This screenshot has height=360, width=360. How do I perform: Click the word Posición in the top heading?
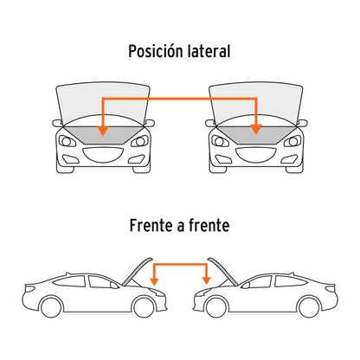click(156, 52)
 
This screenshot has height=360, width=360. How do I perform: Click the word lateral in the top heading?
click(209, 51)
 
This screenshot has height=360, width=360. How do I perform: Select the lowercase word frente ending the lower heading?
click(209, 225)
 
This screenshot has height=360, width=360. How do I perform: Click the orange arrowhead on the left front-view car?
click(103, 131)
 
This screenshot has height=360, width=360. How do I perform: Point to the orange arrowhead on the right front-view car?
click(256, 130)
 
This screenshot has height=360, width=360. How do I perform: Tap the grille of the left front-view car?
click(103, 155)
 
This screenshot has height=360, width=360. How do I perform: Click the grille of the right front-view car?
click(256, 155)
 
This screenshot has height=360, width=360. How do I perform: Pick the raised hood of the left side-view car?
click(137, 272)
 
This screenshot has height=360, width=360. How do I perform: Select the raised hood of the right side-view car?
click(222, 272)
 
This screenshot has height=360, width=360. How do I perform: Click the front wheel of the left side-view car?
click(144, 307)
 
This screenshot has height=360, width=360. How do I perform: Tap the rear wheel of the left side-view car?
click(51, 307)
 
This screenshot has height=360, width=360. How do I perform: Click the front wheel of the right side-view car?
click(216, 307)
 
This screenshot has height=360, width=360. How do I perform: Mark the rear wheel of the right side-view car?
click(309, 307)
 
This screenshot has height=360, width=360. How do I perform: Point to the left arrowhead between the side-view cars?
click(155, 281)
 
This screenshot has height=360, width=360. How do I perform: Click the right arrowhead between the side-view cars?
click(206, 280)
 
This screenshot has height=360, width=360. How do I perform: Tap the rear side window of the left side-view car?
click(69, 281)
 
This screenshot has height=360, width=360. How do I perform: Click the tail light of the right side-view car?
click(331, 288)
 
